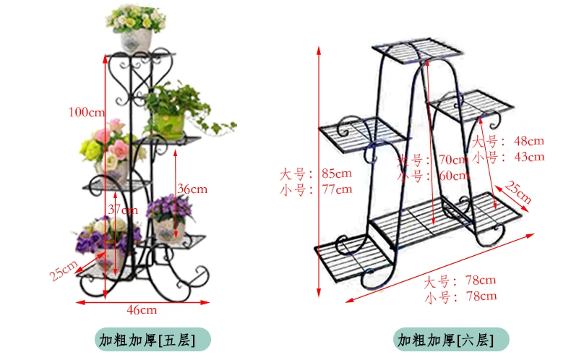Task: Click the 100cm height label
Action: click(x=87, y=112)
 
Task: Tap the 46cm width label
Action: click(x=142, y=310)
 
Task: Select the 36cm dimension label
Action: click(x=192, y=189)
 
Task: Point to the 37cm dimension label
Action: click(x=123, y=210)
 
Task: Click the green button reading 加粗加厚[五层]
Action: click(x=152, y=340)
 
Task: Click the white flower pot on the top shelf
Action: click(x=135, y=40)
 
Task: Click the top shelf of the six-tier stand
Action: click(x=418, y=50)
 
